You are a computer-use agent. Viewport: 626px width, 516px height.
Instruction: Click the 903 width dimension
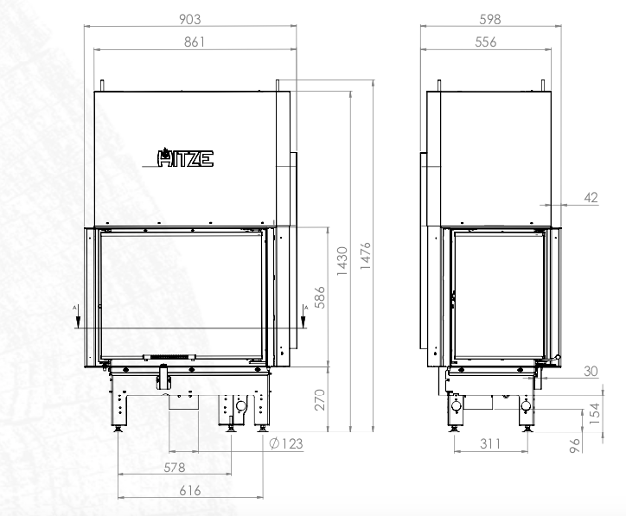(189, 19)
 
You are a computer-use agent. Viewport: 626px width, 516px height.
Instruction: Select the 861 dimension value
(195, 41)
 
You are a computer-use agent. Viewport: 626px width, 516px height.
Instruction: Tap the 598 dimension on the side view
(490, 19)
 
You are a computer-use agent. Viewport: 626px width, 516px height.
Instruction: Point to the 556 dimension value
(485, 41)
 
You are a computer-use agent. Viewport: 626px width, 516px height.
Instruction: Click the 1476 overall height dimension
(365, 255)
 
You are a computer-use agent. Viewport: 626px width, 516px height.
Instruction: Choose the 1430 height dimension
(342, 261)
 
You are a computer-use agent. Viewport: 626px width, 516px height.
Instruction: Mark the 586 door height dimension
(320, 297)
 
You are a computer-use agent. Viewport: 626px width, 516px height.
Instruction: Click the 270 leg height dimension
(320, 399)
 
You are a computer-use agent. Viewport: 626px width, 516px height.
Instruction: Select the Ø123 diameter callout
(286, 443)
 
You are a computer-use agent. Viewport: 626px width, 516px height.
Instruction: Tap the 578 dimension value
(175, 467)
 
